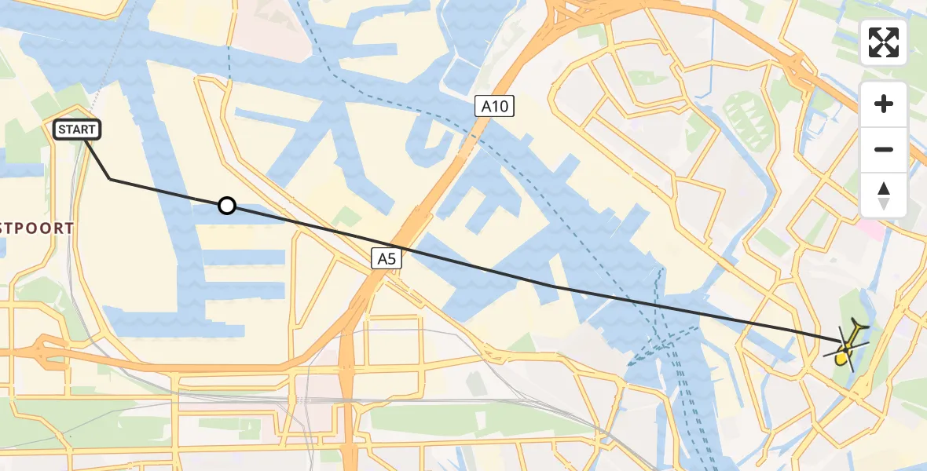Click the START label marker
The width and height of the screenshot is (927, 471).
77,130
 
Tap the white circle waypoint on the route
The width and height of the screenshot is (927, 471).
226,206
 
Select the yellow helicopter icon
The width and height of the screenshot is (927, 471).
845,346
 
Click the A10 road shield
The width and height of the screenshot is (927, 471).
494,106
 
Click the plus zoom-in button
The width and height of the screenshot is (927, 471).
884,104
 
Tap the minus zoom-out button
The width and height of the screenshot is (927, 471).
884,149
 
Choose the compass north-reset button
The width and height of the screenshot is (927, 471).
884,195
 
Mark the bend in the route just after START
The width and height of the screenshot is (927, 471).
109,179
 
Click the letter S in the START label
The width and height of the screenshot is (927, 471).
61,130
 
